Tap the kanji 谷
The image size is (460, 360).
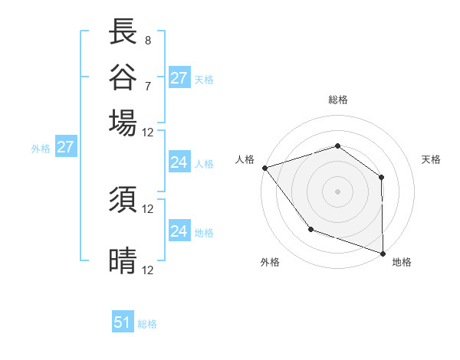(x=123, y=77)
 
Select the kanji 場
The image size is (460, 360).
(x=123, y=123)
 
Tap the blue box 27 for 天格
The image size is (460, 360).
(x=179, y=78)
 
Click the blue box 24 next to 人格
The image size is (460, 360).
(x=179, y=162)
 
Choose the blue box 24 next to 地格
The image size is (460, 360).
(x=179, y=231)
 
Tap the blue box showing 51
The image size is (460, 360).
(x=123, y=322)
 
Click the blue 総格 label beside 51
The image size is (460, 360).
(x=147, y=324)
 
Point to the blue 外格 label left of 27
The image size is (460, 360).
(x=41, y=149)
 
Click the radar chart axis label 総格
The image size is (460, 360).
(x=337, y=100)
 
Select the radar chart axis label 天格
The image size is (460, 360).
(x=431, y=159)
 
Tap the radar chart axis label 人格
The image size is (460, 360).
(x=245, y=159)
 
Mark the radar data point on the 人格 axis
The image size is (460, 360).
(x=264, y=168)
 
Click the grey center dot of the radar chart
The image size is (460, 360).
(x=337, y=191)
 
